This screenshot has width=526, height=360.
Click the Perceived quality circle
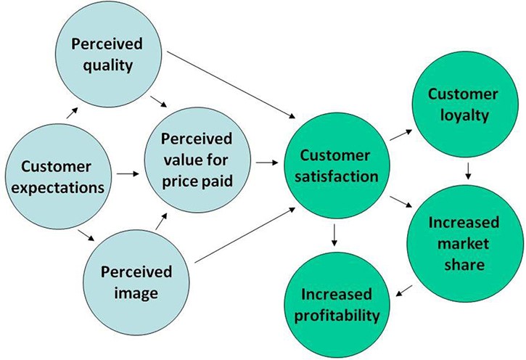108,54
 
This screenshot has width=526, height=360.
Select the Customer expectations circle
58,176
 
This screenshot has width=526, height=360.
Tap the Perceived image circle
136,282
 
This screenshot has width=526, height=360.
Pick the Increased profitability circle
337,305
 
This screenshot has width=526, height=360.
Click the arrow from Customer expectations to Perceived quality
72,113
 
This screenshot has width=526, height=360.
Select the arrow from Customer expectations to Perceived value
128,173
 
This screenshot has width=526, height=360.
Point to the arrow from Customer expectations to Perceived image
86,235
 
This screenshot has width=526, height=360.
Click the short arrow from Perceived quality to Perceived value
158,102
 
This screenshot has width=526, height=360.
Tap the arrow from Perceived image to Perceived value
161,221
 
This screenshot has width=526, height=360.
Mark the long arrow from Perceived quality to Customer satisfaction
231,85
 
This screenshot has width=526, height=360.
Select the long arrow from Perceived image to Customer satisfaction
245,235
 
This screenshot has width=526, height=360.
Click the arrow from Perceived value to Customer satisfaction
267,163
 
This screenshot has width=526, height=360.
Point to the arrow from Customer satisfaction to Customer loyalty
401,135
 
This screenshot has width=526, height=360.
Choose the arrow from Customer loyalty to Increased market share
469,171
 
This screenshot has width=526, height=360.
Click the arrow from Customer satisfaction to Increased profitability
334,235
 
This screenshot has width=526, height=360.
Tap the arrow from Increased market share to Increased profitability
404,291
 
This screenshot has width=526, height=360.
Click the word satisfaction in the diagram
336,176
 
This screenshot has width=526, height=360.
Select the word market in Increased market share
464,244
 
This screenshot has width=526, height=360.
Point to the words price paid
197,181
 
